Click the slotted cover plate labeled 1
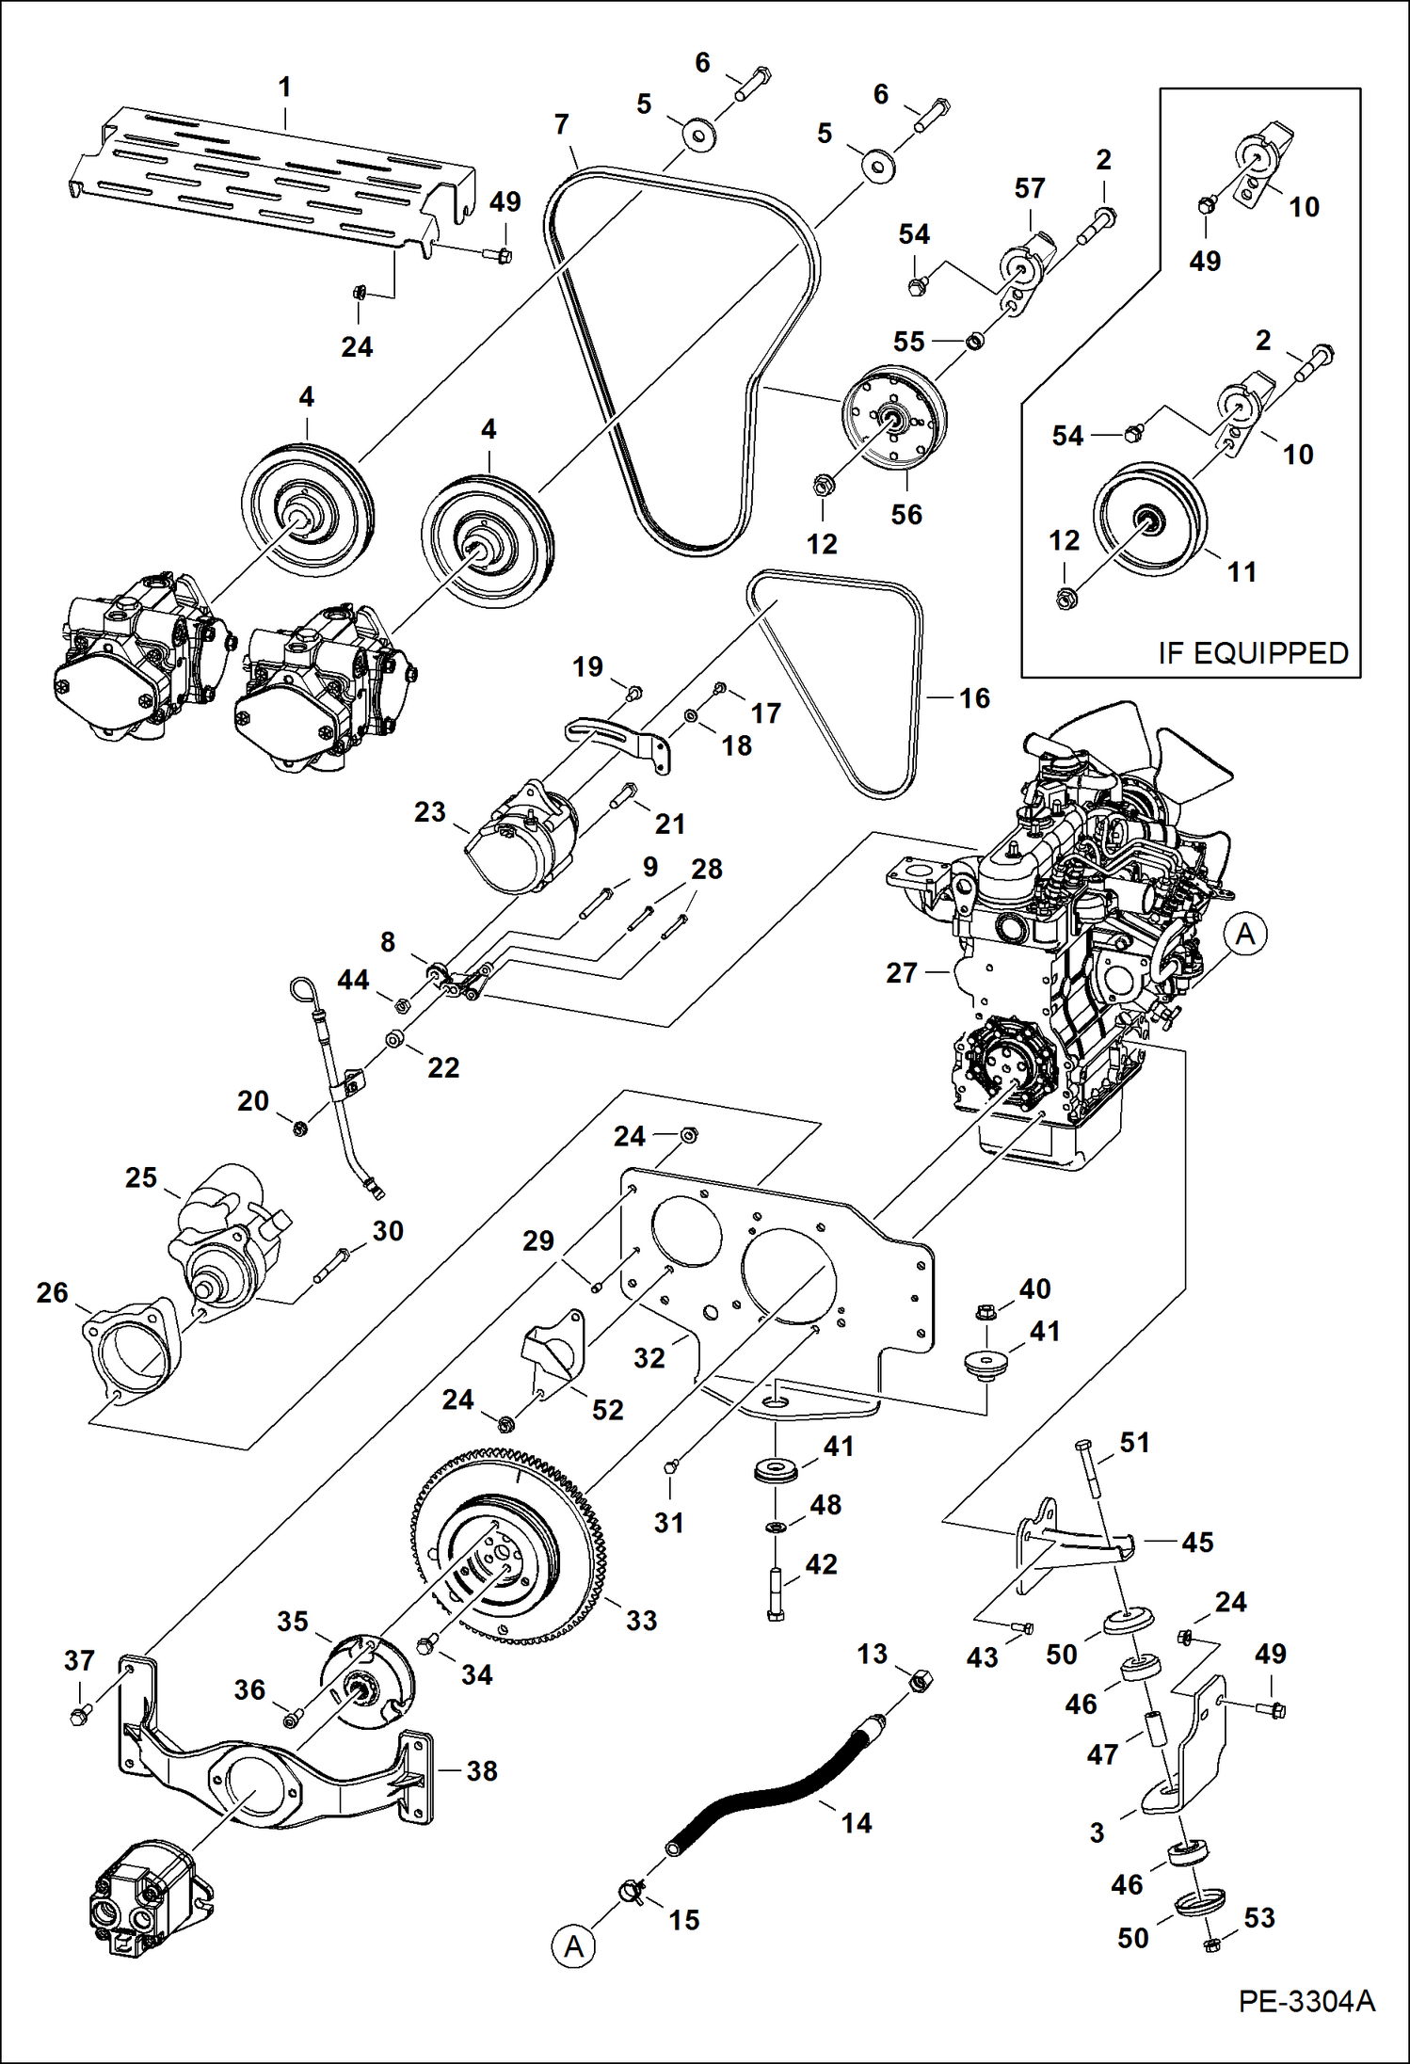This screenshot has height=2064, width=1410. [x=264, y=179]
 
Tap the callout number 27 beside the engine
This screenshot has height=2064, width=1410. [x=901, y=972]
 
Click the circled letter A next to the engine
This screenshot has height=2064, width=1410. [x=1245, y=934]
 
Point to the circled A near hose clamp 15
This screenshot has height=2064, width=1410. [x=574, y=1945]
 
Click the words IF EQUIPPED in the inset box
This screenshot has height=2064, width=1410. [x=1253, y=652]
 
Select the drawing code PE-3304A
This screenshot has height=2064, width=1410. [x=1306, y=2026]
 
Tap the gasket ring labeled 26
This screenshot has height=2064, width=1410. [x=132, y=1351]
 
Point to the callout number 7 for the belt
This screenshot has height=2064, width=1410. [x=561, y=124]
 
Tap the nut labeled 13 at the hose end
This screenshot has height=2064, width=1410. [x=922, y=1679]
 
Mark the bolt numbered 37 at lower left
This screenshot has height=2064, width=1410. [x=80, y=1715]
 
